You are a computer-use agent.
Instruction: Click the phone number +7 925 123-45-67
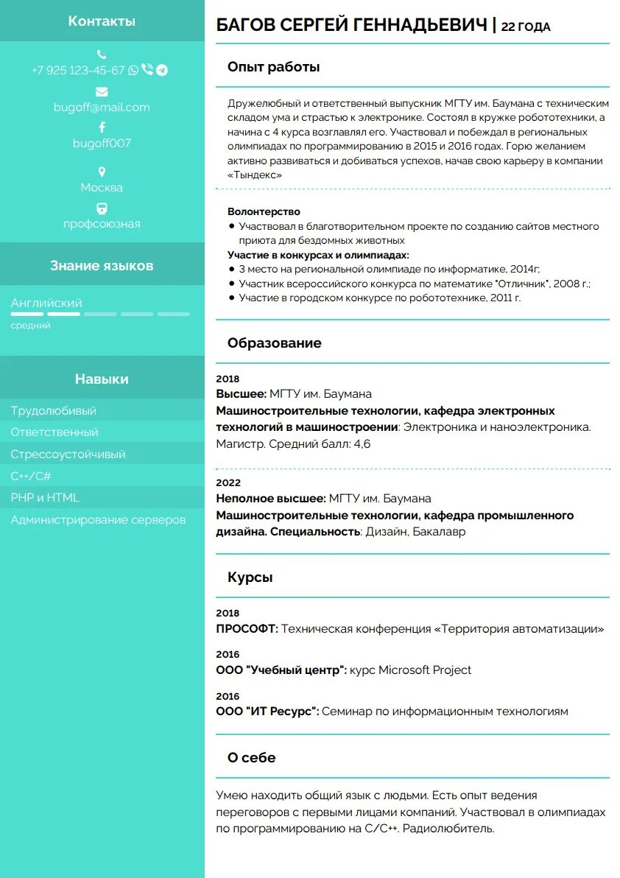(x=78, y=70)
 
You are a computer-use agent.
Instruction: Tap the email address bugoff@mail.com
(x=102, y=107)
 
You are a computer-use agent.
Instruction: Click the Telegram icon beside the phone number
(x=162, y=70)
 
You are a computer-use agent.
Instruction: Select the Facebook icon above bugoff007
(x=102, y=127)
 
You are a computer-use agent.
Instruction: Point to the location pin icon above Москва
(x=102, y=172)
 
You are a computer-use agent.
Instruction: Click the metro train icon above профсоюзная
(x=102, y=208)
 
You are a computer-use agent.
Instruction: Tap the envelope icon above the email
(x=102, y=91)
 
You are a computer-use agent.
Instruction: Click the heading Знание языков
(x=102, y=265)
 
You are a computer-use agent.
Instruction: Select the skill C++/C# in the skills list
(x=31, y=476)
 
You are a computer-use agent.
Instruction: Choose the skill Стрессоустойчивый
(x=68, y=454)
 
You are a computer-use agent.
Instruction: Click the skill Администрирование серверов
(x=98, y=519)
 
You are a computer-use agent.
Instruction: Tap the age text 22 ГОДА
(x=526, y=27)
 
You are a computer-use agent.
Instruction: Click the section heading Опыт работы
(x=273, y=67)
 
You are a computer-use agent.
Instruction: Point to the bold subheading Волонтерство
(x=264, y=211)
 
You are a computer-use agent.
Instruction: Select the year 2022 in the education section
(x=228, y=482)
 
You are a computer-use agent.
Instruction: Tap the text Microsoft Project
(x=425, y=670)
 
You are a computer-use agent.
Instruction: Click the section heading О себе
(x=251, y=757)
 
